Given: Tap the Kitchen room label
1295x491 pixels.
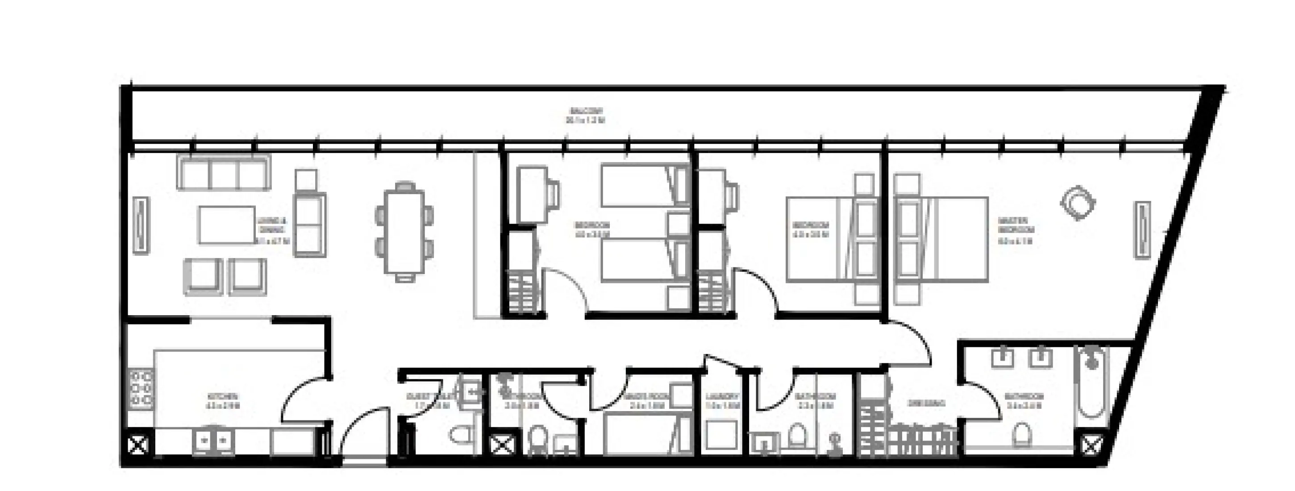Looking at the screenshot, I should click(223, 401).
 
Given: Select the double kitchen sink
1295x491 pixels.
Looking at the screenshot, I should click(212, 441).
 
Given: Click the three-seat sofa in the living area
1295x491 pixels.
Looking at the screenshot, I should click(223, 172).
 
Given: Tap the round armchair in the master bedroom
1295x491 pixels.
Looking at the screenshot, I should click(1077, 203).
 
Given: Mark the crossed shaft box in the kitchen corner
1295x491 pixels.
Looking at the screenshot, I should click(138, 444).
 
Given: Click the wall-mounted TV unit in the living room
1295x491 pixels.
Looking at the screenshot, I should click(141, 225).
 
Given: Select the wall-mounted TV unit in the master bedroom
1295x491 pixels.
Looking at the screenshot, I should click(1142, 230).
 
